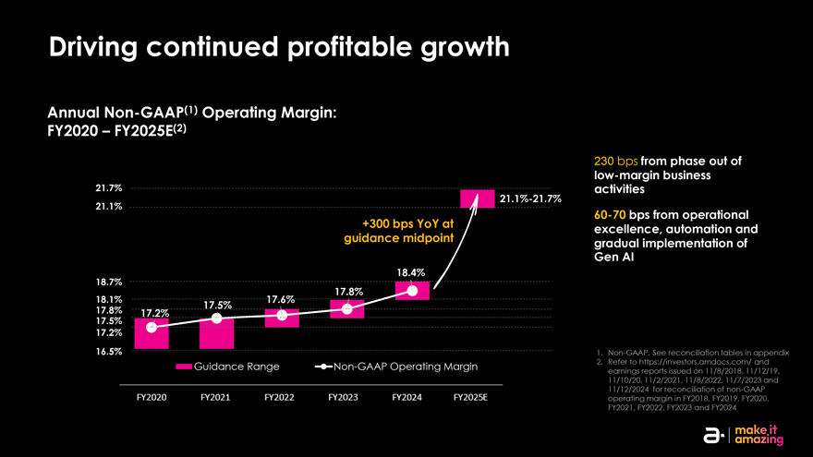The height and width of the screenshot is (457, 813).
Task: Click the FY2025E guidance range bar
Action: (x=477, y=198)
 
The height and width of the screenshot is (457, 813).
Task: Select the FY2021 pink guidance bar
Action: (x=216, y=332)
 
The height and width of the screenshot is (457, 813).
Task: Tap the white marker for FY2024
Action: (x=412, y=292)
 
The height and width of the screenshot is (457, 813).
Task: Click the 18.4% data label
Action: (x=410, y=272)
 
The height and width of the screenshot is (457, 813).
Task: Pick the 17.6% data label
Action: (x=280, y=299)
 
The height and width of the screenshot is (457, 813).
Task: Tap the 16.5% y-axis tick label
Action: (x=109, y=352)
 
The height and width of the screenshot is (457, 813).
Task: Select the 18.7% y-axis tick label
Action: (x=109, y=282)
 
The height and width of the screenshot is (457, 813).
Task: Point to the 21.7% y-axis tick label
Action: (x=109, y=188)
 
